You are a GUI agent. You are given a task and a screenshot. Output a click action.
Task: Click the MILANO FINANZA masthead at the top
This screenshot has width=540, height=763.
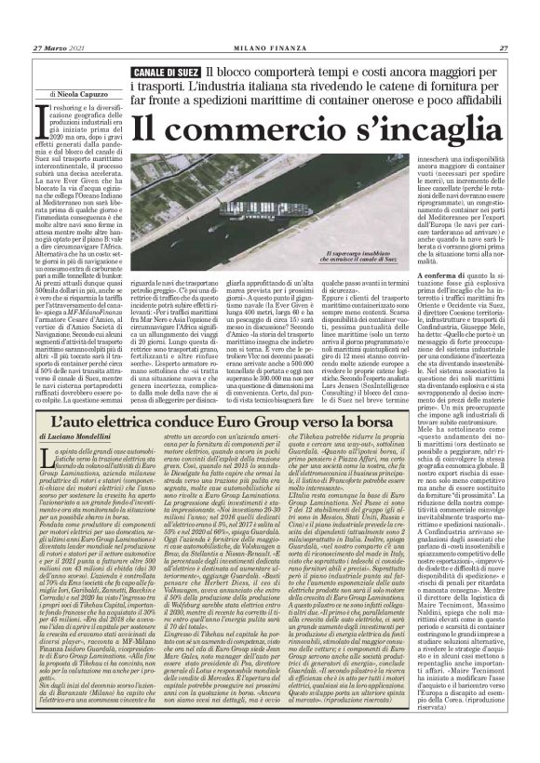269,22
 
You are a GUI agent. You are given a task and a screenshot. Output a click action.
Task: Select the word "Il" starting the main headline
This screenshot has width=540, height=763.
141,124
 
